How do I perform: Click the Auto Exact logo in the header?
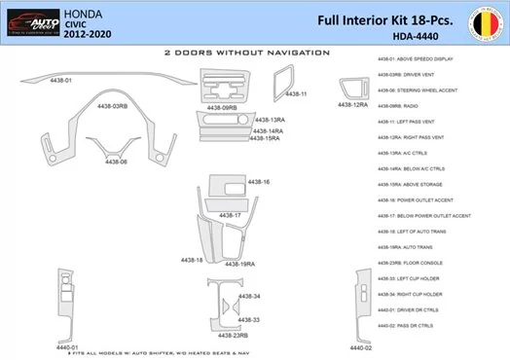click(31, 19)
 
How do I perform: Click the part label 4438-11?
click(296, 94)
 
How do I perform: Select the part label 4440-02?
click(361, 347)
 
